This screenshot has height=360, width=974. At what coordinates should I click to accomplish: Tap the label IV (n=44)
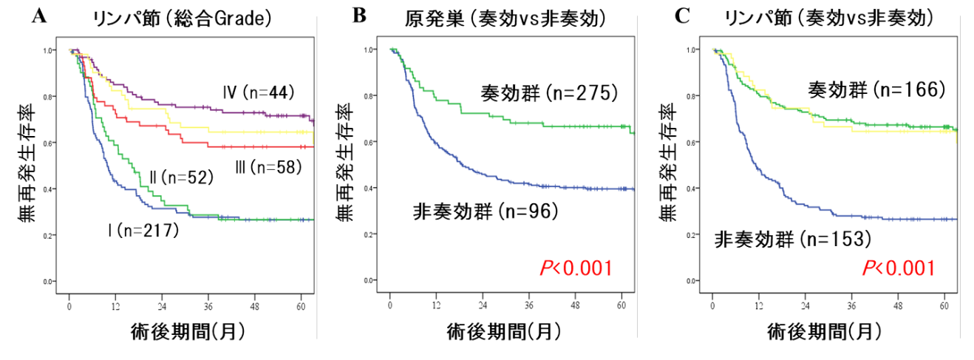(259, 92)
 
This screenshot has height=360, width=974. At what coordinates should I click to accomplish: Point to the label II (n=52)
(181, 177)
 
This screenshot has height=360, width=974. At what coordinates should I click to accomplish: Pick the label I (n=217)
(143, 231)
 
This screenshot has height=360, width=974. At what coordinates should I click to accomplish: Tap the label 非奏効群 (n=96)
(485, 212)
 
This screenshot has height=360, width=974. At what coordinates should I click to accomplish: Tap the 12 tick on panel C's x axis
(757, 306)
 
